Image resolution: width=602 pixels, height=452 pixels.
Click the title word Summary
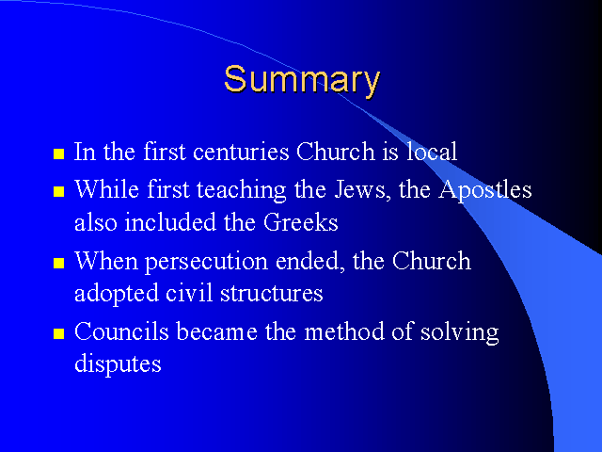302,80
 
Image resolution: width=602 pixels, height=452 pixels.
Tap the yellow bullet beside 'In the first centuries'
58,153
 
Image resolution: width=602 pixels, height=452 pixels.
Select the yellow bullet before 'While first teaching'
58,191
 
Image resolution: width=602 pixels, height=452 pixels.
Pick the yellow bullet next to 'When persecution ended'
58,263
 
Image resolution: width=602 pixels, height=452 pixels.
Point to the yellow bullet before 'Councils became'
58,333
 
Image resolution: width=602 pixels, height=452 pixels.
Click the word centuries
241,152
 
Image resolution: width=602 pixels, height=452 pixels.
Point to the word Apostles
485,190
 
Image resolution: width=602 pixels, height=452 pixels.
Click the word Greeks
301,222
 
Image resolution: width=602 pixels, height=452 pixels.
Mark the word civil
189,293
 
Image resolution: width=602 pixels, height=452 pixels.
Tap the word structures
272,294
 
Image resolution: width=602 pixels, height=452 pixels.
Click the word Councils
121,331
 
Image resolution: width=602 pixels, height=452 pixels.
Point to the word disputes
118,364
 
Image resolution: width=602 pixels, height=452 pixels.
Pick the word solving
460,332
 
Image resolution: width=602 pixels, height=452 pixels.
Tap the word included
170,222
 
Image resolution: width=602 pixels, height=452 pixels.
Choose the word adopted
117,294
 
